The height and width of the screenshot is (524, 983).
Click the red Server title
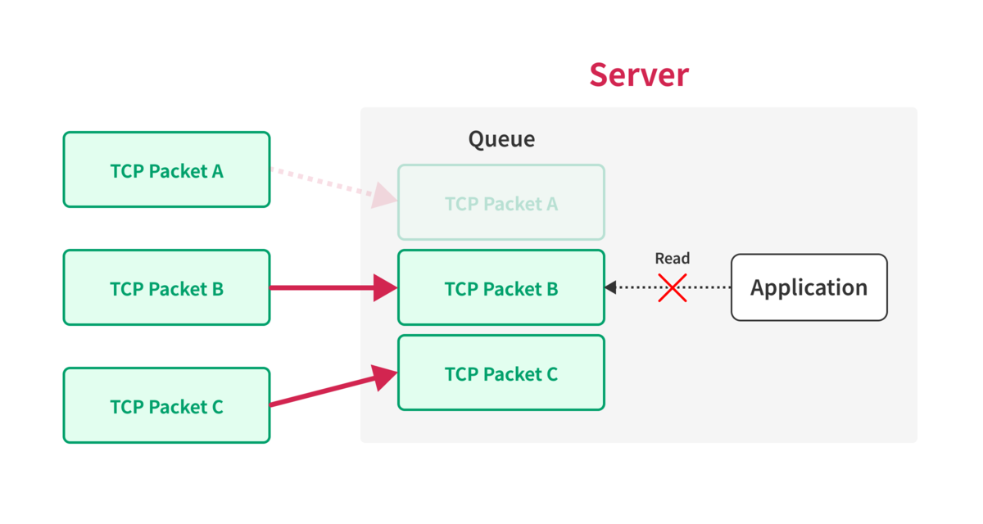tap(639, 75)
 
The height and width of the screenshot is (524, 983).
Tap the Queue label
tap(501, 139)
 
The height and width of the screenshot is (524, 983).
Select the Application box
tap(809, 287)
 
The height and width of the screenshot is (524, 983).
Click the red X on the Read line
tap(673, 287)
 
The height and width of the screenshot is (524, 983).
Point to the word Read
tap(673, 258)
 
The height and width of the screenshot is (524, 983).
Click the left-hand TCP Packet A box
tap(167, 169)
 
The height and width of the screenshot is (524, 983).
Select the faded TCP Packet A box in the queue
tap(501, 202)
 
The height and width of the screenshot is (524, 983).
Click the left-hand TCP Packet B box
tap(167, 287)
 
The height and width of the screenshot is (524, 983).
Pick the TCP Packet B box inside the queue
tap(501, 287)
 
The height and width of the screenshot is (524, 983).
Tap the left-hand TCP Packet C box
tap(167, 405)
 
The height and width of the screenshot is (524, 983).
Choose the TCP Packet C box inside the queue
tap(501, 373)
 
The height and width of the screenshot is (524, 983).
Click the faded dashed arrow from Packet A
tap(334, 184)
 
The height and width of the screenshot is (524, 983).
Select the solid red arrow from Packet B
tap(334, 287)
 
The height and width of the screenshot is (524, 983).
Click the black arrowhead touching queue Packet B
tap(611, 287)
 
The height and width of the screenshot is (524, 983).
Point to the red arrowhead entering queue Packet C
tap(384, 377)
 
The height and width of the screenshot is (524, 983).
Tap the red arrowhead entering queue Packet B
tap(385, 287)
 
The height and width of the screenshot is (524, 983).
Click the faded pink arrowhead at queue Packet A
tap(383, 196)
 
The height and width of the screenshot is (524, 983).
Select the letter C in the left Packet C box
tap(218, 407)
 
